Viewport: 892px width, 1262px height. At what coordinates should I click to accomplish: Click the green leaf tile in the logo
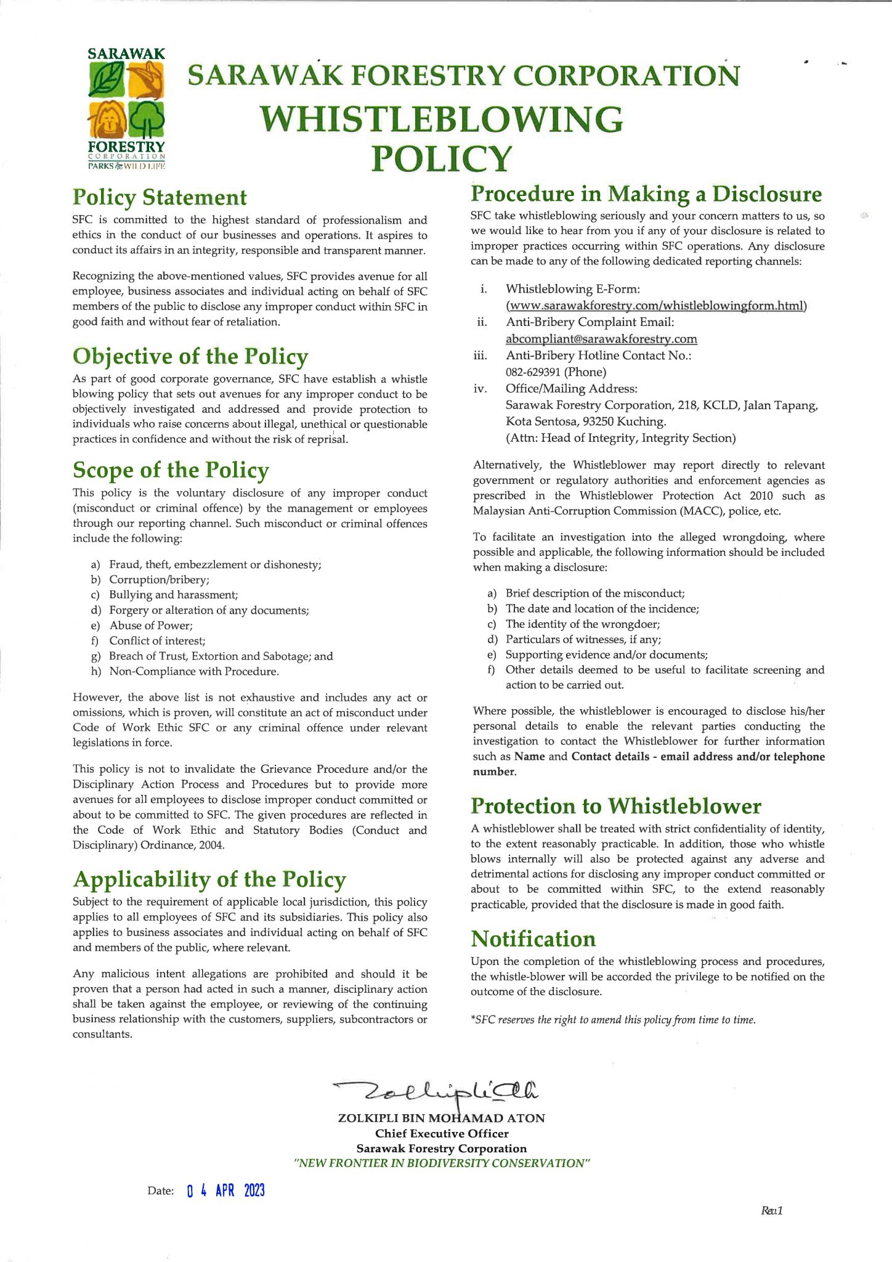(107, 81)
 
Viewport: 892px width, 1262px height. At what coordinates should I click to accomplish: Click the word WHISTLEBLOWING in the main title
(441, 120)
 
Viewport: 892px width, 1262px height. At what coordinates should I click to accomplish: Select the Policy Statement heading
(160, 197)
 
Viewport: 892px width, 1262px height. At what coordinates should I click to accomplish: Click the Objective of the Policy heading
(190, 356)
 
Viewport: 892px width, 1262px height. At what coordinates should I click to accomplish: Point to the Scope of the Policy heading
(171, 470)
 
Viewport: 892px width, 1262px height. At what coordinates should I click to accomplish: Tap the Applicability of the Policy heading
(209, 879)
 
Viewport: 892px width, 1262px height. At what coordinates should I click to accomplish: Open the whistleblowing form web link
(656, 306)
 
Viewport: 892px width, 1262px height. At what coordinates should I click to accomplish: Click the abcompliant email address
(601, 339)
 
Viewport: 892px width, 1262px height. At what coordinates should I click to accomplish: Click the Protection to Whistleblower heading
(616, 806)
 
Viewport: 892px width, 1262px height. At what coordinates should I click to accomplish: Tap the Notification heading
(533, 939)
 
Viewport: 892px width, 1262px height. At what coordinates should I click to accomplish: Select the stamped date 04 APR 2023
(225, 1191)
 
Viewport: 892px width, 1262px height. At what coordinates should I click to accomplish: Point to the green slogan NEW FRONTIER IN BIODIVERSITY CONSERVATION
(442, 1163)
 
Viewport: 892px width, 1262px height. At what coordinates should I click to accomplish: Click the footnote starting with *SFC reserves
(613, 1020)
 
